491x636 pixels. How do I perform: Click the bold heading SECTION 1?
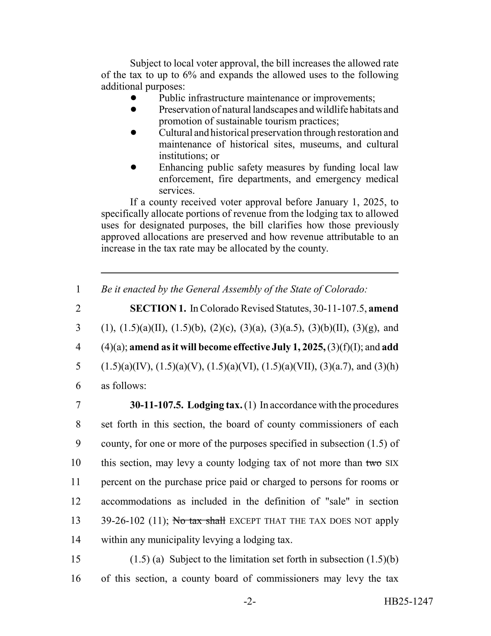tap(158, 308)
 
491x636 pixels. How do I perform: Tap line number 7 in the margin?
tap(78, 405)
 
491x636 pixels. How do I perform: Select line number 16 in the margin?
tap(76, 578)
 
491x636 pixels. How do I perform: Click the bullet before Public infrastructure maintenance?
tap(134, 98)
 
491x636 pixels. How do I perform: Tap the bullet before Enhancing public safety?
tap(134, 167)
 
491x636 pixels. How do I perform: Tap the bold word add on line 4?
tap(390, 347)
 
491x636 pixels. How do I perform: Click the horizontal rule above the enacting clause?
tap(250, 273)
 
